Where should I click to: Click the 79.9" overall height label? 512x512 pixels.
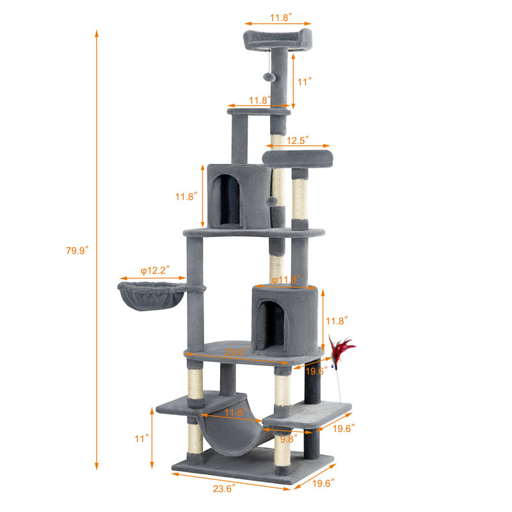pyautogui.click(x=77, y=250)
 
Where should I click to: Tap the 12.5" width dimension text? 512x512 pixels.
pyautogui.click(x=298, y=140)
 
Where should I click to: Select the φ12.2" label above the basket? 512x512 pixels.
pyautogui.click(x=154, y=271)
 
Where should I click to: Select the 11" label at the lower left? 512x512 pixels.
pyautogui.click(x=141, y=439)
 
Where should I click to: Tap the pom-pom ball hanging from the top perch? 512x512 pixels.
pyautogui.click(x=268, y=76)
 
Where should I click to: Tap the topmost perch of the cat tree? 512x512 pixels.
pyautogui.click(x=277, y=39)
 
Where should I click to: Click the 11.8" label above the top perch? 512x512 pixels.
pyautogui.click(x=278, y=18)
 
